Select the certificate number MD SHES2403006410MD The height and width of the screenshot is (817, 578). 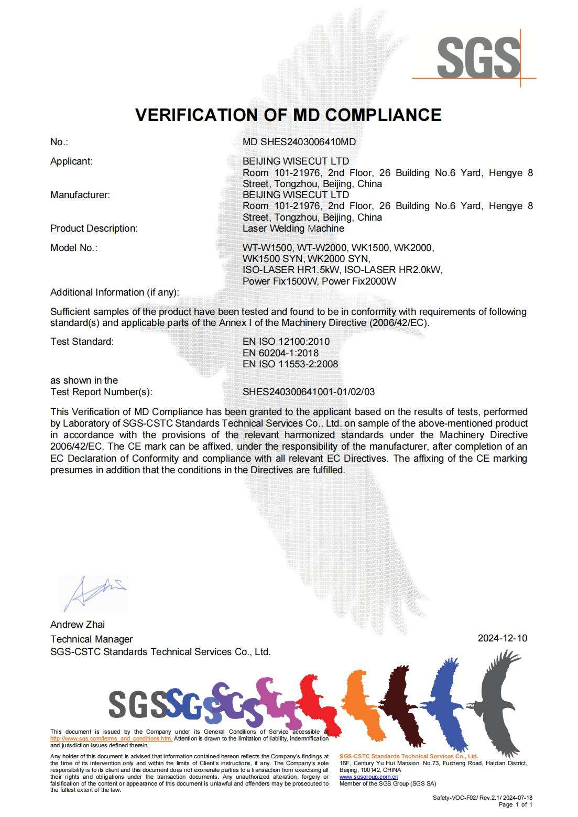coord(299,142)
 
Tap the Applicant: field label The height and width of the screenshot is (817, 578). coord(71,161)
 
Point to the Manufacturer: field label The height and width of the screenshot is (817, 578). coord(80,195)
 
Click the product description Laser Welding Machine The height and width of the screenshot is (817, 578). coord(293,228)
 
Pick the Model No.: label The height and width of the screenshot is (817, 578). coord(74,248)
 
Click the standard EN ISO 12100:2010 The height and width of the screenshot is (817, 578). coord(286,342)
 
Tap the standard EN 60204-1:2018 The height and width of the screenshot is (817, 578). coord(280,353)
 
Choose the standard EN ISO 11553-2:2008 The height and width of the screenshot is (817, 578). coord(290,364)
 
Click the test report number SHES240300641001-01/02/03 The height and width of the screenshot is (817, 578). coord(309,392)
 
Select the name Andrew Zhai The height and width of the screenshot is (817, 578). coord(78,625)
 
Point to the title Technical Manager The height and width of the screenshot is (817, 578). coord(91,639)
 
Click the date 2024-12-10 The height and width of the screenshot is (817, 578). coord(502,638)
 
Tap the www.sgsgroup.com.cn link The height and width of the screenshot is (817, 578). coord(368,777)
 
